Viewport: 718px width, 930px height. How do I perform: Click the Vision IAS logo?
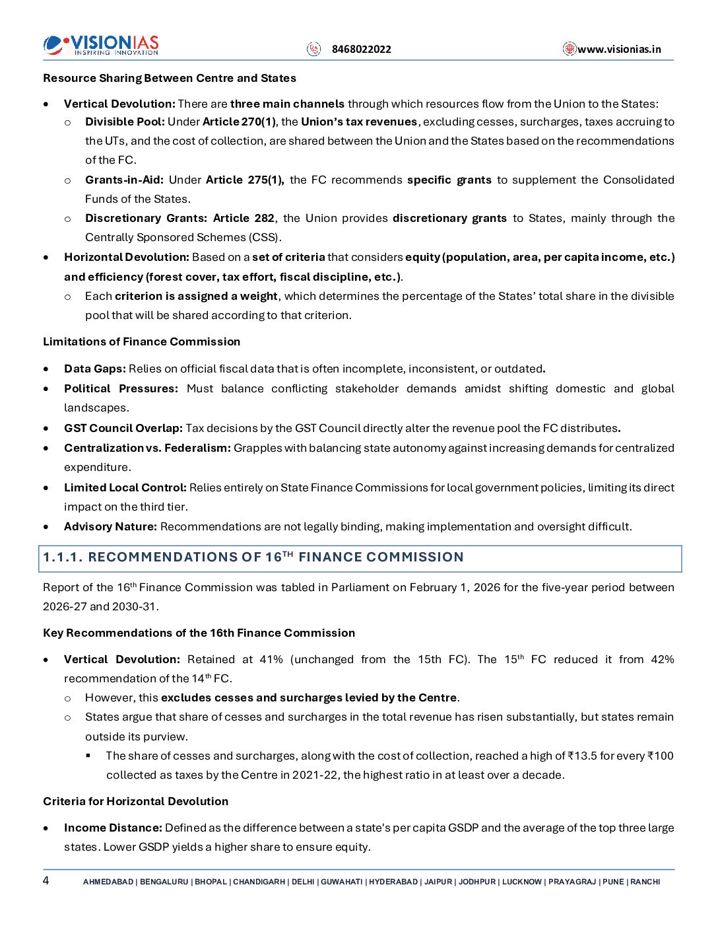(x=101, y=45)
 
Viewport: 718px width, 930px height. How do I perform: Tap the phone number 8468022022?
(x=361, y=49)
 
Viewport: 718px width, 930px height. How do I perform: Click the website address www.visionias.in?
(x=619, y=49)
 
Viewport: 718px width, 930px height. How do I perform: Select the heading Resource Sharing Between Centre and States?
(x=170, y=78)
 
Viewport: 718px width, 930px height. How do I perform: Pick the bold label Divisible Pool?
(x=125, y=122)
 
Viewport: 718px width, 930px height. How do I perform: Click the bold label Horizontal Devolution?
(x=127, y=257)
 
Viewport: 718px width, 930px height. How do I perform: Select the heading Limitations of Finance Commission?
(x=141, y=341)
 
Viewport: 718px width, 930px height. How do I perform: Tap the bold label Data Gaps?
(x=95, y=369)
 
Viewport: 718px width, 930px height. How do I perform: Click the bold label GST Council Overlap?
(x=123, y=428)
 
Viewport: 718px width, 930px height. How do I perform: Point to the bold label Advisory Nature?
(x=110, y=526)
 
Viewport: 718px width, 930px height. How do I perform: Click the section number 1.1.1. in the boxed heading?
(x=63, y=557)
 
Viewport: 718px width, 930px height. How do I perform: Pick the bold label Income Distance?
(x=113, y=828)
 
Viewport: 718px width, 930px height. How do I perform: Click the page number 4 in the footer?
(x=46, y=880)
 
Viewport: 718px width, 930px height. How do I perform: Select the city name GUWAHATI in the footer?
(x=341, y=882)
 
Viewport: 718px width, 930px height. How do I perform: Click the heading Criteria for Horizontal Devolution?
(x=135, y=801)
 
